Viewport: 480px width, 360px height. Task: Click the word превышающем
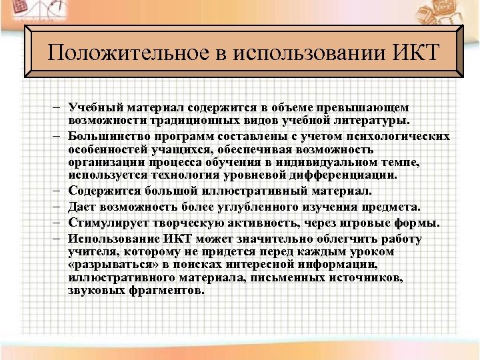coord(370,107)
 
